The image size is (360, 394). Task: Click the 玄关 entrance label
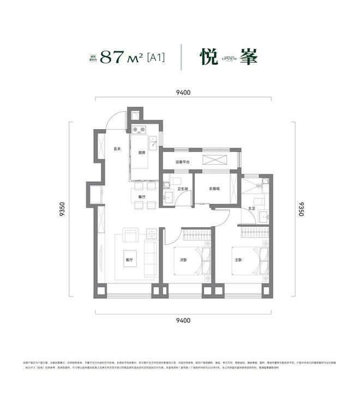pyautogui.click(x=117, y=149)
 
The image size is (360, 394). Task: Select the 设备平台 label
pyautogui.click(x=183, y=162)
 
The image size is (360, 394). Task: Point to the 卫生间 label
pyautogui.click(x=183, y=189)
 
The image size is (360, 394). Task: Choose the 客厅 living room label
pyautogui.click(x=129, y=260)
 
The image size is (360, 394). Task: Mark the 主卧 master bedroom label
pyautogui.click(x=238, y=260)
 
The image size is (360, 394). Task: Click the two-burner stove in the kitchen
pyautogui.click(x=136, y=130)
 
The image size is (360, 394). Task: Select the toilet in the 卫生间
pyautogui.click(x=176, y=181)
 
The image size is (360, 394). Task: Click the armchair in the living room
pyautogui.click(x=131, y=236)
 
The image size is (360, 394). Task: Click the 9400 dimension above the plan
pyautogui.click(x=183, y=93)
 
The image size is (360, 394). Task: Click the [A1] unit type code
pyautogui.click(x=156, y=57)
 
